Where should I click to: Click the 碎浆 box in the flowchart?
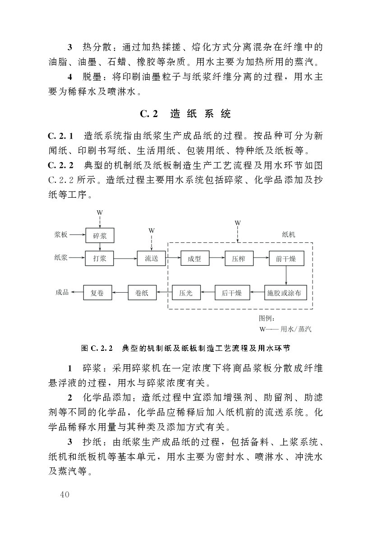(100, 236)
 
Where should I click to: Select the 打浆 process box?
(100, 258)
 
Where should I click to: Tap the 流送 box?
(152, 258)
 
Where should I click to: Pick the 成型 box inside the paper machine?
(194, 258)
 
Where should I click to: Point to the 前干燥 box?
(286, 258)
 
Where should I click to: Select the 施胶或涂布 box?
(284, 293)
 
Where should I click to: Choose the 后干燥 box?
(231, 293)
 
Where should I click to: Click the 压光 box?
(186, 293)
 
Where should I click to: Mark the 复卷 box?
(97, 293)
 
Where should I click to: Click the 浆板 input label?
(61, 235)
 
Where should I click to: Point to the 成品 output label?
(62, 293)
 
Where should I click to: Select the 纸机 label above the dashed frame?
(289, 235)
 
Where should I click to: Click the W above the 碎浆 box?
(100, 212)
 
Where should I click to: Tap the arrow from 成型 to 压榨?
(216, 258)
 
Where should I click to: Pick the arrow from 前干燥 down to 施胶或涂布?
(286, 276)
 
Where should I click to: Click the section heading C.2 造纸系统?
(185, 114)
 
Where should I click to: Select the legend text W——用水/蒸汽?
(285, 329)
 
